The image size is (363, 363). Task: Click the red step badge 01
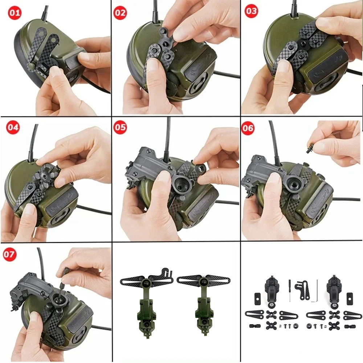pyautogui.click(x=15, y=12)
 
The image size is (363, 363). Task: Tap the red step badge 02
pyautogui.click(x=120, y=12)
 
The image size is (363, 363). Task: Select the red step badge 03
pyautogui.click(x=251, y=11)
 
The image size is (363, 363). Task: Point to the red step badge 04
pyautogui.click(x=13, y=127)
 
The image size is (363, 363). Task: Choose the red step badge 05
pyautogui.click(x=120, y=127)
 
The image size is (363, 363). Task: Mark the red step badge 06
pyautogui.click(x=248, y=128)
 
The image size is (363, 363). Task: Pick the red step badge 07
pyautogui.click(x=9, y=254)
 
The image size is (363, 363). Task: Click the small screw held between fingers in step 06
pyautogui.click(x=310, y=148)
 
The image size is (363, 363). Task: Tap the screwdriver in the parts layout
pyautogui.click(x=290, y=290)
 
